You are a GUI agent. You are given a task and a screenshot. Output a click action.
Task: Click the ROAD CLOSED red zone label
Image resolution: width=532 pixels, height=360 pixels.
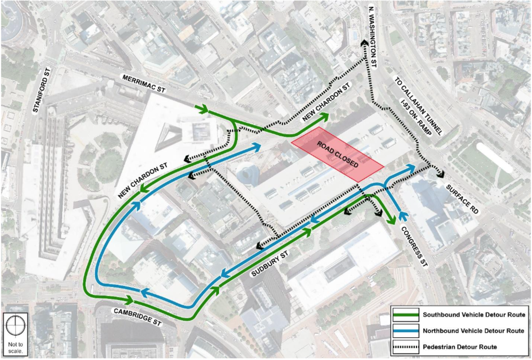337,154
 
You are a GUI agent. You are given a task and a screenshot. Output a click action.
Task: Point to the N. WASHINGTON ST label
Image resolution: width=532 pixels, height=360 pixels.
372,37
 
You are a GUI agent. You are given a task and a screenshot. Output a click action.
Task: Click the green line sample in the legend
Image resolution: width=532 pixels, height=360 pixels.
406,315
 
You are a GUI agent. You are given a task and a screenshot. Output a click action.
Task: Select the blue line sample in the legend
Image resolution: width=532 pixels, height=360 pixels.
406,331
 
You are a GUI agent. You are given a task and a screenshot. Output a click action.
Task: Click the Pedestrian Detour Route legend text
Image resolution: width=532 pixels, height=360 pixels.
460,347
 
